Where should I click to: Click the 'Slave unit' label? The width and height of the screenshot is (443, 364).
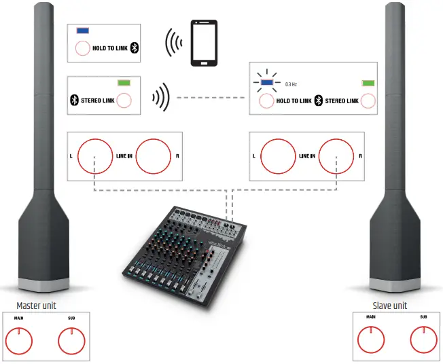390,306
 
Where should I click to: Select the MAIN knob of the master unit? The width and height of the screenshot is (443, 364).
21,337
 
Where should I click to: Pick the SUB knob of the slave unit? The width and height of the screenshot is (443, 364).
423,337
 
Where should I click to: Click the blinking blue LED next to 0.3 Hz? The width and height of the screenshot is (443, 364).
267,84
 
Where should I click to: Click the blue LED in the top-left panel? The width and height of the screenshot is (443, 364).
83,31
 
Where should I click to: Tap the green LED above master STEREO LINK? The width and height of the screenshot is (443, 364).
124,82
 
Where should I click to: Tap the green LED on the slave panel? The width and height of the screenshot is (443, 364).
368,83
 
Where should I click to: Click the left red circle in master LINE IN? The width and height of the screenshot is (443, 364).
95,156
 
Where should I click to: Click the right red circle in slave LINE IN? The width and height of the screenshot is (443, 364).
338,156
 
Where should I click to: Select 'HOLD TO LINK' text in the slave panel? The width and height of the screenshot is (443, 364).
294,101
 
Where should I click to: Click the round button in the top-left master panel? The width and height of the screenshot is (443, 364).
82,48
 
